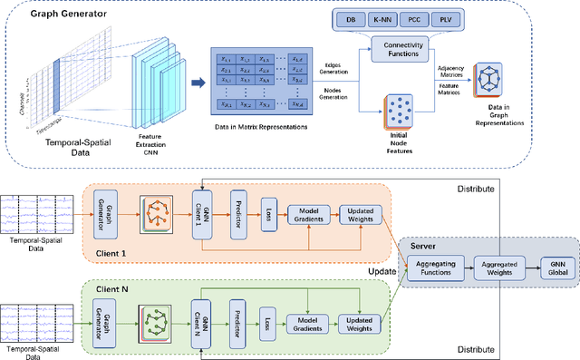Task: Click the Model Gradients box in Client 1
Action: tap(309, 215)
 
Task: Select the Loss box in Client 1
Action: tap(269, 210)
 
